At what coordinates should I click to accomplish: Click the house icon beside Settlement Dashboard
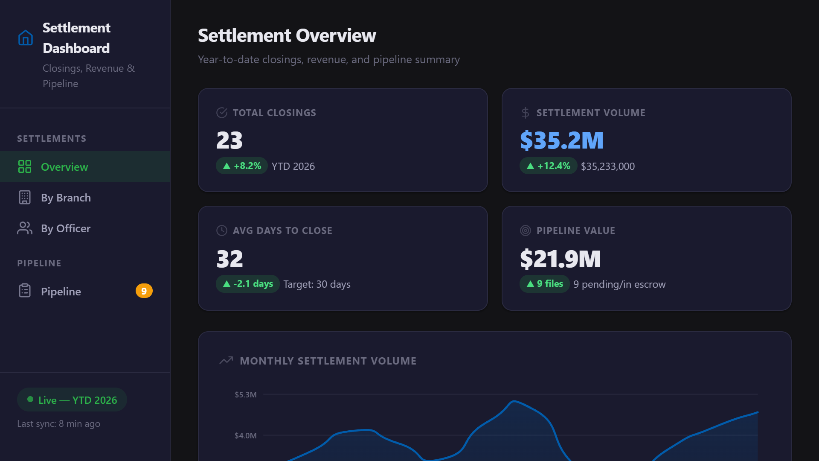[x=26, y=38]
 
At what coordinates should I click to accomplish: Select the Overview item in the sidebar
[x=64, y=167]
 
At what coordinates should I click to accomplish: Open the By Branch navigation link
[x=66, y=198]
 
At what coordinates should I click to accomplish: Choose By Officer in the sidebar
[x=66, y=228]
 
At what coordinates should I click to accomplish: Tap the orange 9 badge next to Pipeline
[x=144, y=291]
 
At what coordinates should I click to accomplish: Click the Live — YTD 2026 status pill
[x=72, y=400]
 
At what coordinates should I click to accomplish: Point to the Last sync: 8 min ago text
[x=58, y=424]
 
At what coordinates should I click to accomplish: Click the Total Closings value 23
[x=229, y=140]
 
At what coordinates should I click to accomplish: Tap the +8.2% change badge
[x=242, y=166]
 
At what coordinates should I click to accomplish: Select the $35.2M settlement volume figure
[x=562, y=140]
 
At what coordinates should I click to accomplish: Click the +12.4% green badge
[x=548, y=166]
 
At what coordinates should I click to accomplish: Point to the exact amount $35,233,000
[x=607, y=166]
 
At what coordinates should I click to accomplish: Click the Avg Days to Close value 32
[x=229, y=259]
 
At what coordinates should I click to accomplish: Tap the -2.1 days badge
[x=248, y=284]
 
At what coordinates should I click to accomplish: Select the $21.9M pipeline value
[x=560, y=259]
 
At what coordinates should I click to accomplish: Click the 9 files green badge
[x=545, y=284]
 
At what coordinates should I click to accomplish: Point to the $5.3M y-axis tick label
[x=246, y=395]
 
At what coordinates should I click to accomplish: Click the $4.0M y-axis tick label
[x=246, y=436]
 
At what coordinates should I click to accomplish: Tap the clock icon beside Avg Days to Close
[x=222, y=230]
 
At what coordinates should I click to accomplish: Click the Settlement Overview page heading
[x=287, y=35]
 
